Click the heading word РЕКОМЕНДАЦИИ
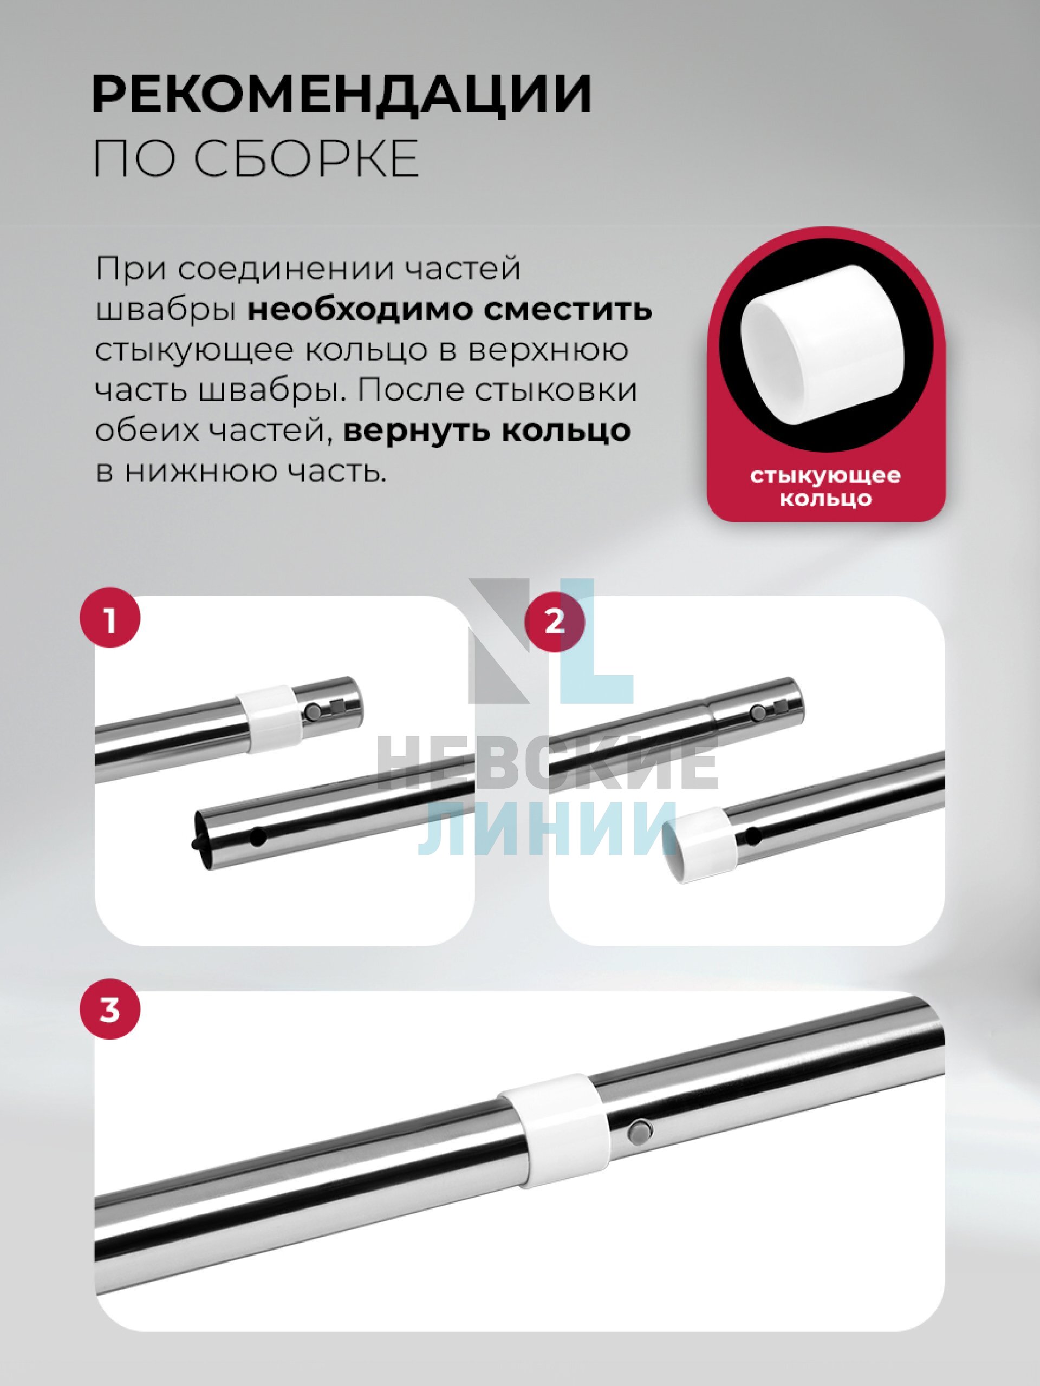(342, 94)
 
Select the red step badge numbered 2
(555, 622)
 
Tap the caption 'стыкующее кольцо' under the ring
(825, 486)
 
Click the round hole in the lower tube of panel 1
(258, 836)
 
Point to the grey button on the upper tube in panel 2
(757, 713)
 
